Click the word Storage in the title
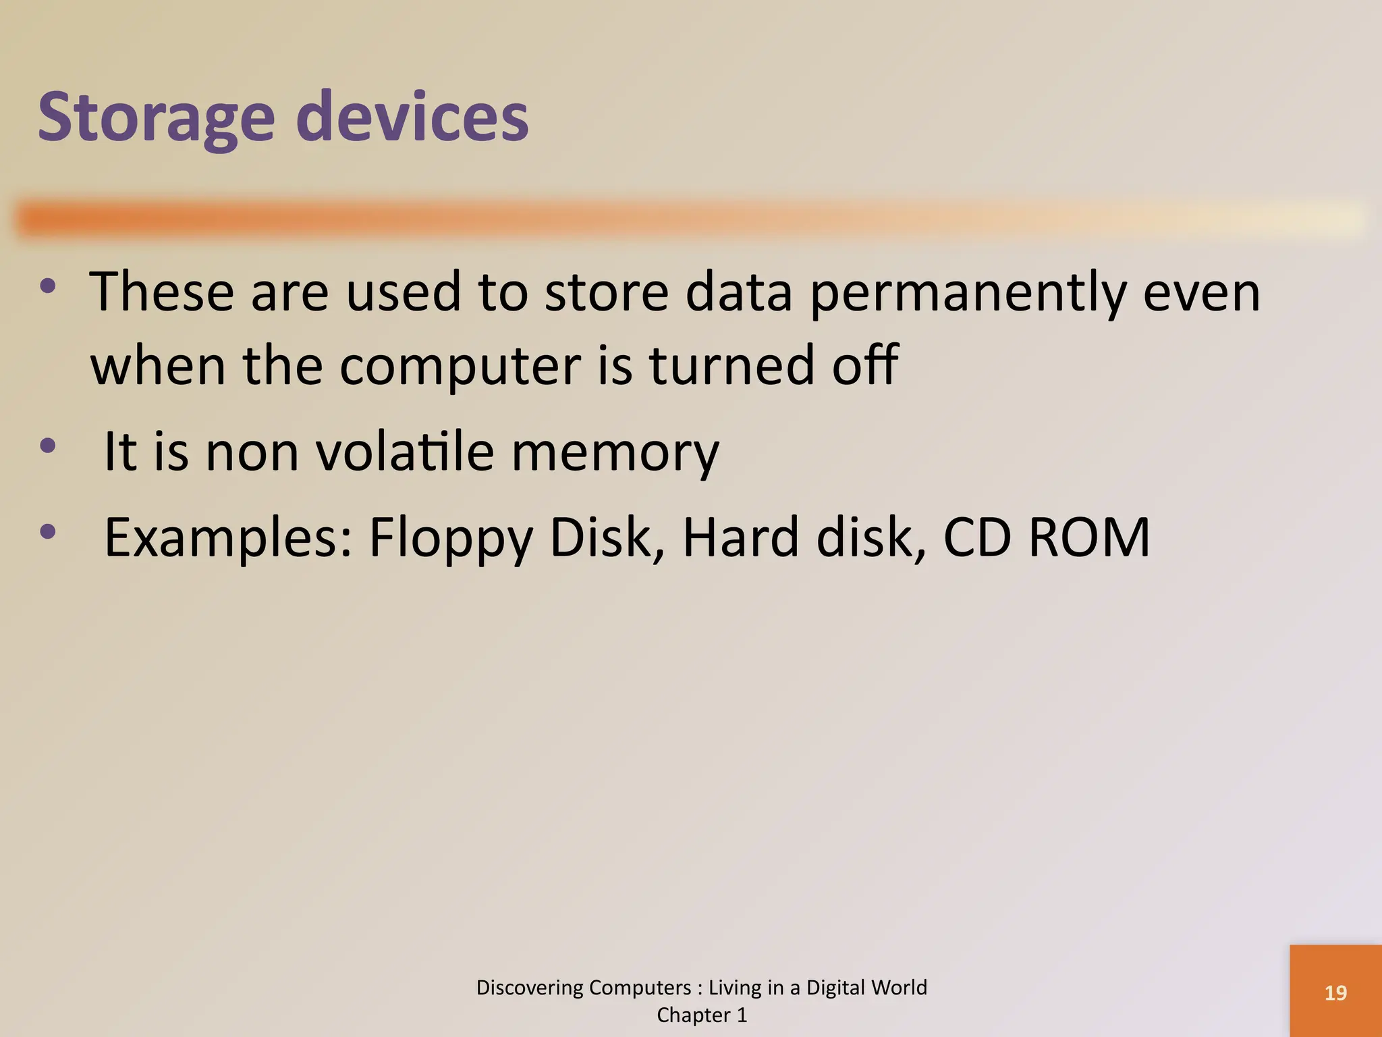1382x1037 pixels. click(156, 118)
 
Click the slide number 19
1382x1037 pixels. click(1335, 993)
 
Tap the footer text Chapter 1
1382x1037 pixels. click(702, 1015)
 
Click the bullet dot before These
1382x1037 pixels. click(48, 286)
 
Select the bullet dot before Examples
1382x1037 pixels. click(48, 532)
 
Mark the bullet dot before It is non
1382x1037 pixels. click(48, 446)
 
